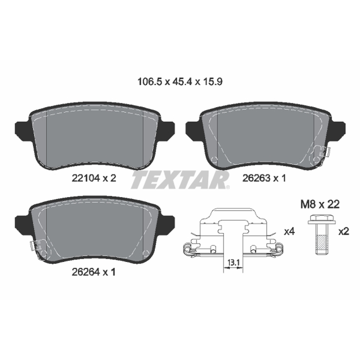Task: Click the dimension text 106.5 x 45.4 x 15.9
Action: pos(180,81)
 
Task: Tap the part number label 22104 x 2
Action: pos(94,178)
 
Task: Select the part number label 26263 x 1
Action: pos(264,178)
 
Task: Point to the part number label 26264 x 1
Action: pos(94,272)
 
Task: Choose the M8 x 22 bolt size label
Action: pos(320,204)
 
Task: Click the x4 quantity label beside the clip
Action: pos(289,232)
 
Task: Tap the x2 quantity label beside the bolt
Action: pos(344,232)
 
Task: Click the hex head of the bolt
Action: pos(321,219)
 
